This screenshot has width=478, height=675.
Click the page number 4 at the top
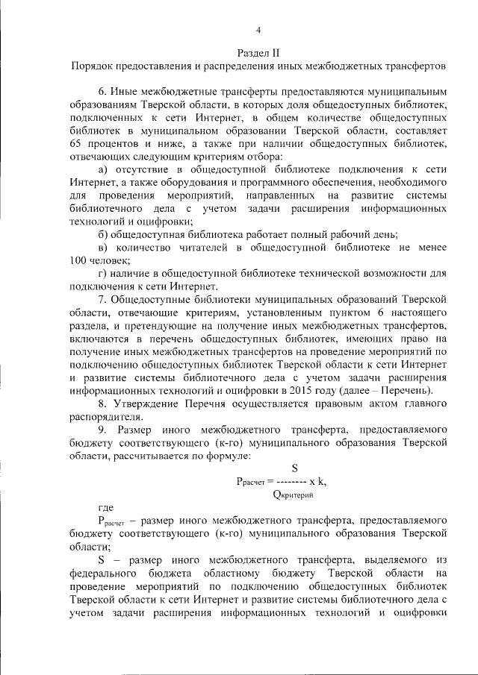258,31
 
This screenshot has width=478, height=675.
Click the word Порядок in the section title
91,66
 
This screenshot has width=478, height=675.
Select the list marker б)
102,235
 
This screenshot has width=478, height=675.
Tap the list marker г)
102,275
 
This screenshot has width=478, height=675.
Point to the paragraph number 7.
102,301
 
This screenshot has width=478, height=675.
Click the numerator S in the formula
294,469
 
